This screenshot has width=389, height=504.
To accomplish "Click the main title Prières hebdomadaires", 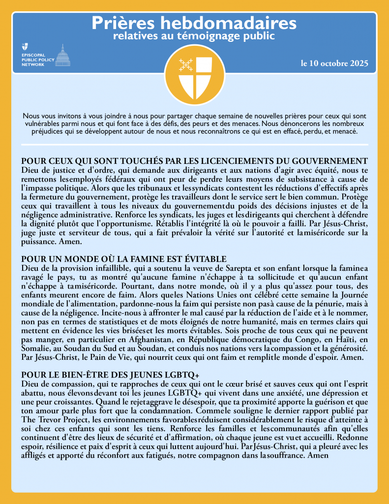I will [x=194, y=23].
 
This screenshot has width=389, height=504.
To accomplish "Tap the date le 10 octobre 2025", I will [x=334, y=64].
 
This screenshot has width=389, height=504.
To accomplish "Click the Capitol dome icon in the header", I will [x=62, y=55].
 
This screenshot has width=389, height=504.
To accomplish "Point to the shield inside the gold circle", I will [x=194, y=73].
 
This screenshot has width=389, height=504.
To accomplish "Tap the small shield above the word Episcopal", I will [x=25, y=47].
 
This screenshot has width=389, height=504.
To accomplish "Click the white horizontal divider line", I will [x=194, y=145].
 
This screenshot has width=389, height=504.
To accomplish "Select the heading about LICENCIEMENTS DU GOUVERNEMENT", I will [x=195, y=161].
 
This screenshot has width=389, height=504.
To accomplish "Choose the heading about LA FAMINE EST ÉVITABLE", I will [x=124, y=259].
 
